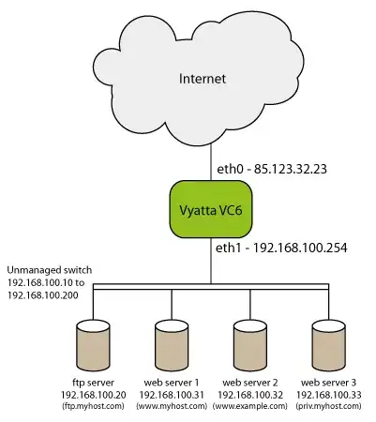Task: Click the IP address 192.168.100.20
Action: [94, 396]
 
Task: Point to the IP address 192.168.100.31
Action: [172, 396]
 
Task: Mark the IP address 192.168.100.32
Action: [249, 396]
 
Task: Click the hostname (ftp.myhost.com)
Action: [94, 408]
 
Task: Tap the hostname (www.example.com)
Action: [249, 408]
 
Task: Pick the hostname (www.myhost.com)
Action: [172, 408]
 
